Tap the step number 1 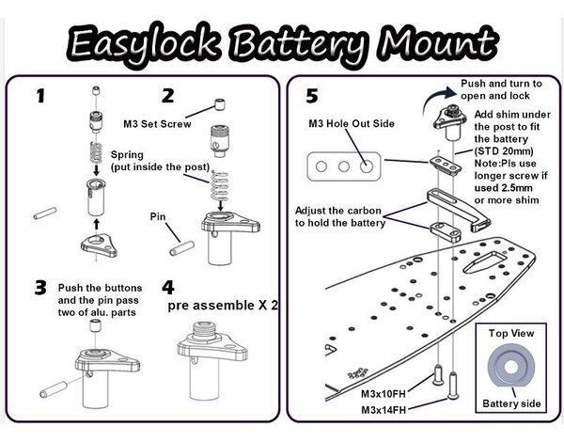(x=40, y=95)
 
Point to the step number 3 (x=39, y=287)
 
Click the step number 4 (x=168, y=286)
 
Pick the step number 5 (x=312, y=96)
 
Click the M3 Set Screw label (x=157, y=122)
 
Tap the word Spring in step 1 (x=127, y=154)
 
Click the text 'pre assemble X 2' (x=223, y=307)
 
